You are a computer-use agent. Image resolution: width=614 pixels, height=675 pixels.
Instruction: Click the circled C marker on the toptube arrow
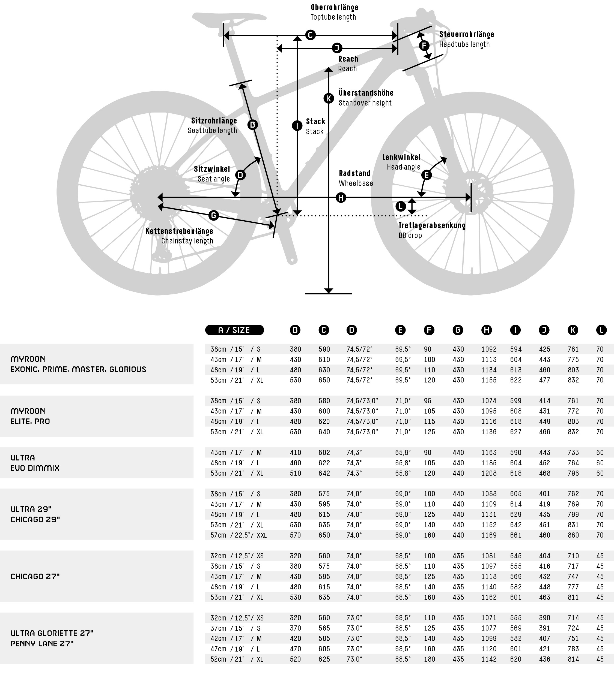click(310, 35)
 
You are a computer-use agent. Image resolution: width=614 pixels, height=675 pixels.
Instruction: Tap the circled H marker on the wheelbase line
click(341, 198)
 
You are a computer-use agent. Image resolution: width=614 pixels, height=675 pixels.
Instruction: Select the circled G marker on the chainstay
click(213, 215)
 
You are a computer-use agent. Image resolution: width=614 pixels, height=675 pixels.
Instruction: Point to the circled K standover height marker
click(329, 98)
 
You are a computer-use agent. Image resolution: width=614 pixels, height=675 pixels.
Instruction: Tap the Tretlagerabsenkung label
click(432, 225)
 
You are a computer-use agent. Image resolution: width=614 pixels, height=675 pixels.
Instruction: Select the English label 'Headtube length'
click(464, 44)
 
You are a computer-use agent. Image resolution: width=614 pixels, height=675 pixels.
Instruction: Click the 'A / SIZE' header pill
click(234, 330)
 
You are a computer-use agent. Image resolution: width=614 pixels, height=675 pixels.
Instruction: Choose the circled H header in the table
click(486, 330)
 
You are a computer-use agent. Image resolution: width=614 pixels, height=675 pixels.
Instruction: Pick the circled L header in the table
click(601, 330)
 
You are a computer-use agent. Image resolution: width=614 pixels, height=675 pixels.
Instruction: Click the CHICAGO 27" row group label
click(35, 577)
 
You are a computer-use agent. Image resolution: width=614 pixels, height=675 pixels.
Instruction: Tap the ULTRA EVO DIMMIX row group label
click(35, 463)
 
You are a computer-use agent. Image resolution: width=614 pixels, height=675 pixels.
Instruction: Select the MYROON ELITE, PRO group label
click(30, 416)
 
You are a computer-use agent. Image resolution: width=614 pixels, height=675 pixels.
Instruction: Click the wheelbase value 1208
click(489, 473)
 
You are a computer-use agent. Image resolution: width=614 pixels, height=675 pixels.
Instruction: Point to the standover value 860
click(573, 535)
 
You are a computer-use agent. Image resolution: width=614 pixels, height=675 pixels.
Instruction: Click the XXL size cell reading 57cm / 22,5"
click(238, 535)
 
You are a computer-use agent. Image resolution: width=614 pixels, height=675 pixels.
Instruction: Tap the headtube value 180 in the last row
click(429, 659)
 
